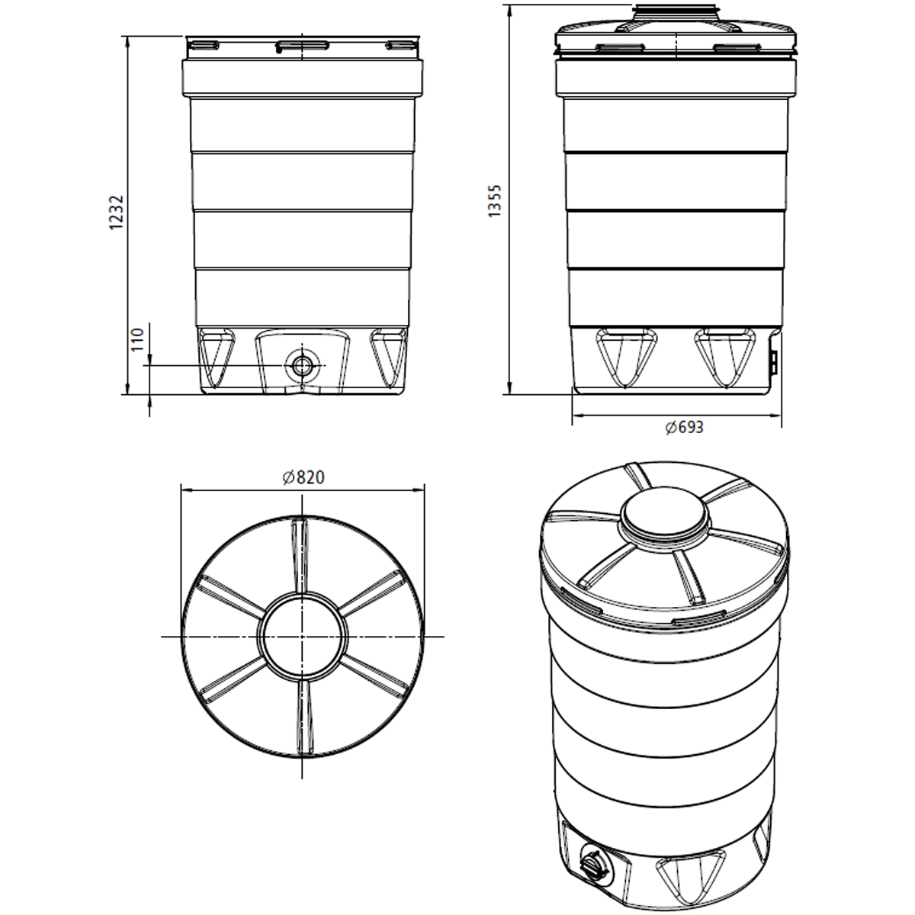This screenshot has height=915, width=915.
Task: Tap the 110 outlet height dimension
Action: pos(138,339)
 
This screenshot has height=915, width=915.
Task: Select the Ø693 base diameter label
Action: pos(684,428)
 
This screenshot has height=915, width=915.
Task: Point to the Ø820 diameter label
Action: pos(303,478)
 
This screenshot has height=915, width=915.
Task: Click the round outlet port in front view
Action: pos(303,365)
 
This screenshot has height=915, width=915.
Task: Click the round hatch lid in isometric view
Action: pos(664,519)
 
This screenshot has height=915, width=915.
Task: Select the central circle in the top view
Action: pos(303,635)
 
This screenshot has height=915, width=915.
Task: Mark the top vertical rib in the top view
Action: pos(302,553)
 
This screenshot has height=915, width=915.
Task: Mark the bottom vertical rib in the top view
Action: pos(303,717)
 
